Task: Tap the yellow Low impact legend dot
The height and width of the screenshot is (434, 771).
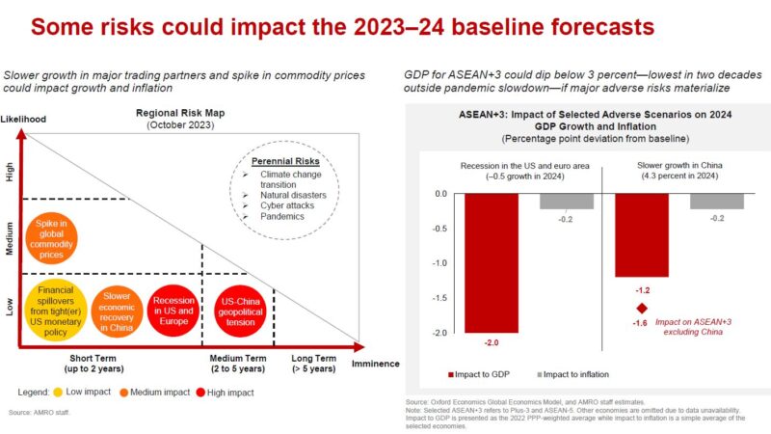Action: (x=60, y=393)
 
